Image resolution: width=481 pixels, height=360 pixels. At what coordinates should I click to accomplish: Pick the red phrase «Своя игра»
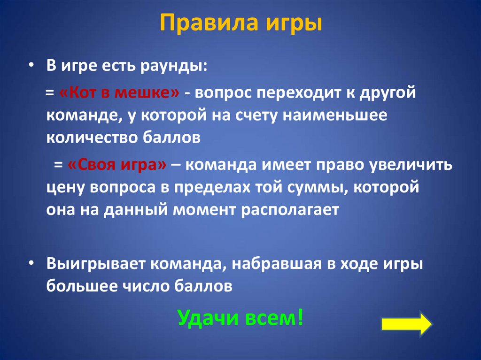click(x=117, y=166)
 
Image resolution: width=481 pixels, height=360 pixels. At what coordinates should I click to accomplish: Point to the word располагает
click(x=290, y=209)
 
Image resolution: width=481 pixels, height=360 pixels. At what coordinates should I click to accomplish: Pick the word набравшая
click(x=272, y=264)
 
